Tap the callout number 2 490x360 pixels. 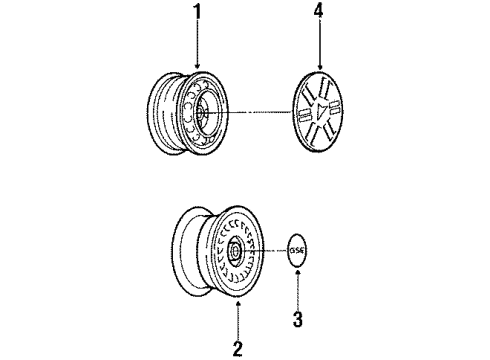pyautogui.click(x=237, y=348)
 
